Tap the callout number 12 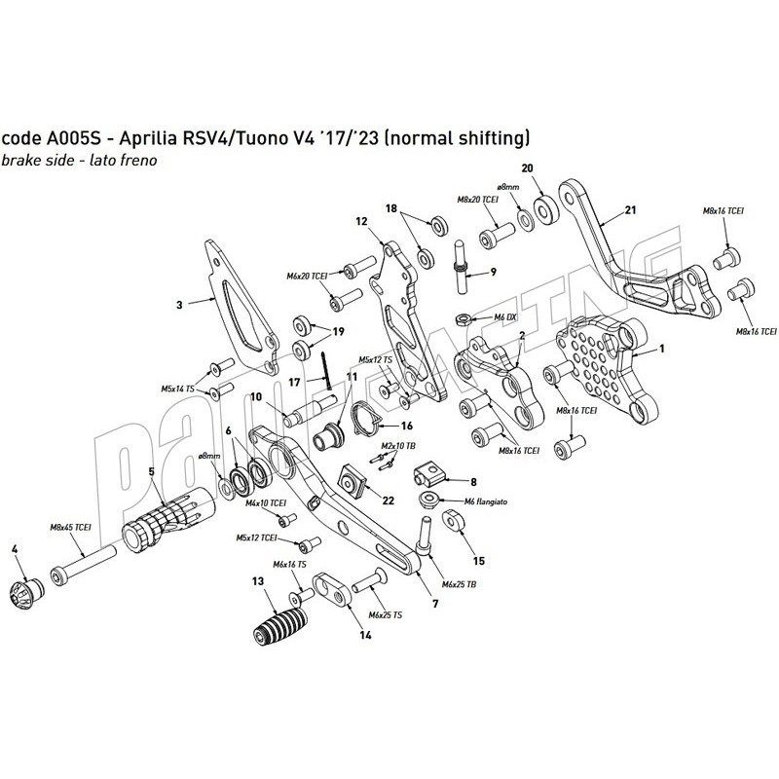point(360,221)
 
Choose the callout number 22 point(389,500)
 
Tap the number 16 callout point(407,426)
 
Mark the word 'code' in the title point(20,137)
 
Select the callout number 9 point(494,271)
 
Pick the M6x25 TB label point(457,584)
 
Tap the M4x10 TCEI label point(265,503)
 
